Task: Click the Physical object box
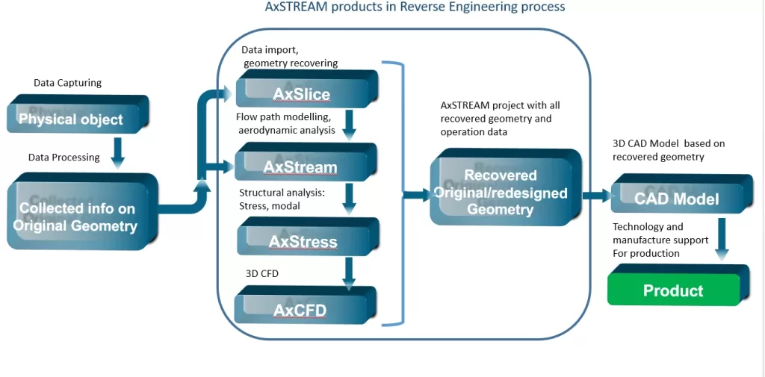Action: pos(75,118)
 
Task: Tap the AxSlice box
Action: pos(302,93)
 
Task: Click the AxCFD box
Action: pos(300,309)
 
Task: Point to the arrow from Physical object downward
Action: pos(117,151)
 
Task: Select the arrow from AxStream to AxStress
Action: pos(349,199)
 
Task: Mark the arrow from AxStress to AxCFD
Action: pos(348,273)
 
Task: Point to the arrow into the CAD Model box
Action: pos(596,196)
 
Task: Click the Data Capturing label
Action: pos(67,83)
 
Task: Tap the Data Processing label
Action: pos(64,158)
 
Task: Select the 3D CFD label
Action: pos(261,274)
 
